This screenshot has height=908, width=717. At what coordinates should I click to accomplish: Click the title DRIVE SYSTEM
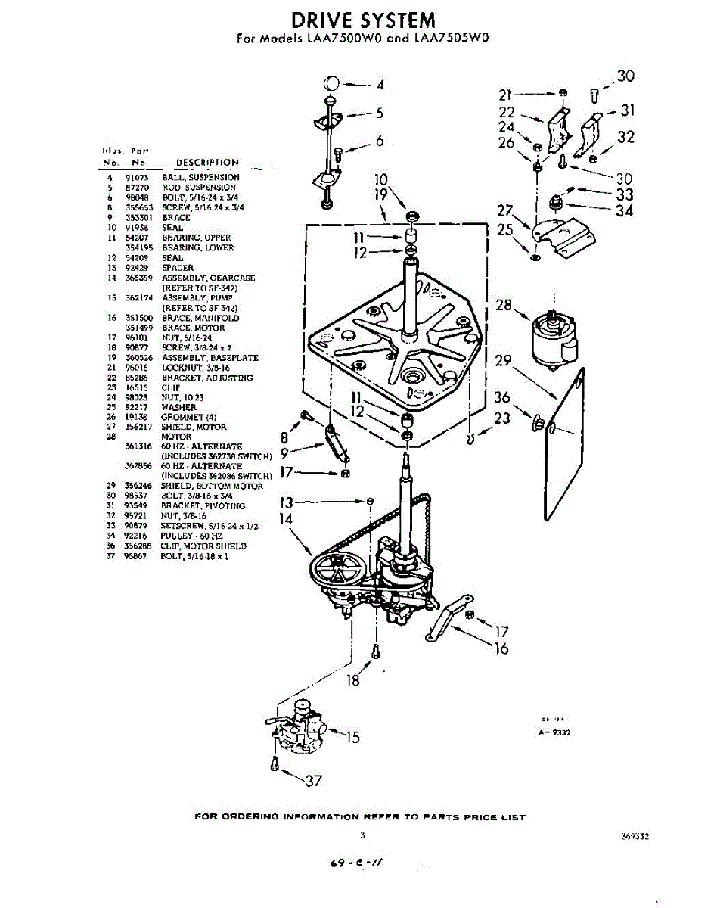[x=364, y=20]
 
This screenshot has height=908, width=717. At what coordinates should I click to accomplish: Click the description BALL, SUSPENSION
[x=200, y=177]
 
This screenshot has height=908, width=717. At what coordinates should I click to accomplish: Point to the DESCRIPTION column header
[x=207, y=162]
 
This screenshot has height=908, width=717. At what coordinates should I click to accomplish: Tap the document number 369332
[x=635, y=838]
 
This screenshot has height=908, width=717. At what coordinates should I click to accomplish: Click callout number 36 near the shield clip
[x=502, y=398]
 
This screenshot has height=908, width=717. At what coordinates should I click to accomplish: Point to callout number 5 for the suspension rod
[x=379, y=113]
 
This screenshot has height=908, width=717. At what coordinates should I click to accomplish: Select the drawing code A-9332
[x=554, y=732]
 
